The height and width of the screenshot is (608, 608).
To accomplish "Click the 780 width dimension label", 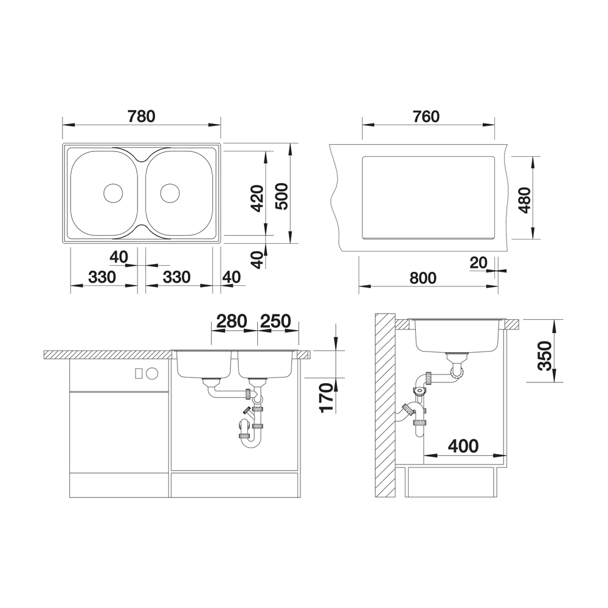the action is point(142,116).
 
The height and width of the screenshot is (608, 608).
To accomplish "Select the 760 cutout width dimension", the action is point(426,116).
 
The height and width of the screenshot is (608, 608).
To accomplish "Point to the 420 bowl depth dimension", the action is point(257,199).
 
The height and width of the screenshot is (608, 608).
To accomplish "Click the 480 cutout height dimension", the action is point(525,200).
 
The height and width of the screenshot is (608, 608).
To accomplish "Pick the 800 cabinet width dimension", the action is point(423,278).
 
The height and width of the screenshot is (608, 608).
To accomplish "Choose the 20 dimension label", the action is point(478,263).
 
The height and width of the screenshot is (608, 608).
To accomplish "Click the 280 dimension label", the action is point(232,321).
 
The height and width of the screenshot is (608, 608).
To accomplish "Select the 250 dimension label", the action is point(275,321).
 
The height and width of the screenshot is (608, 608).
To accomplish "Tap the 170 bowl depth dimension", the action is point(327,398).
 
